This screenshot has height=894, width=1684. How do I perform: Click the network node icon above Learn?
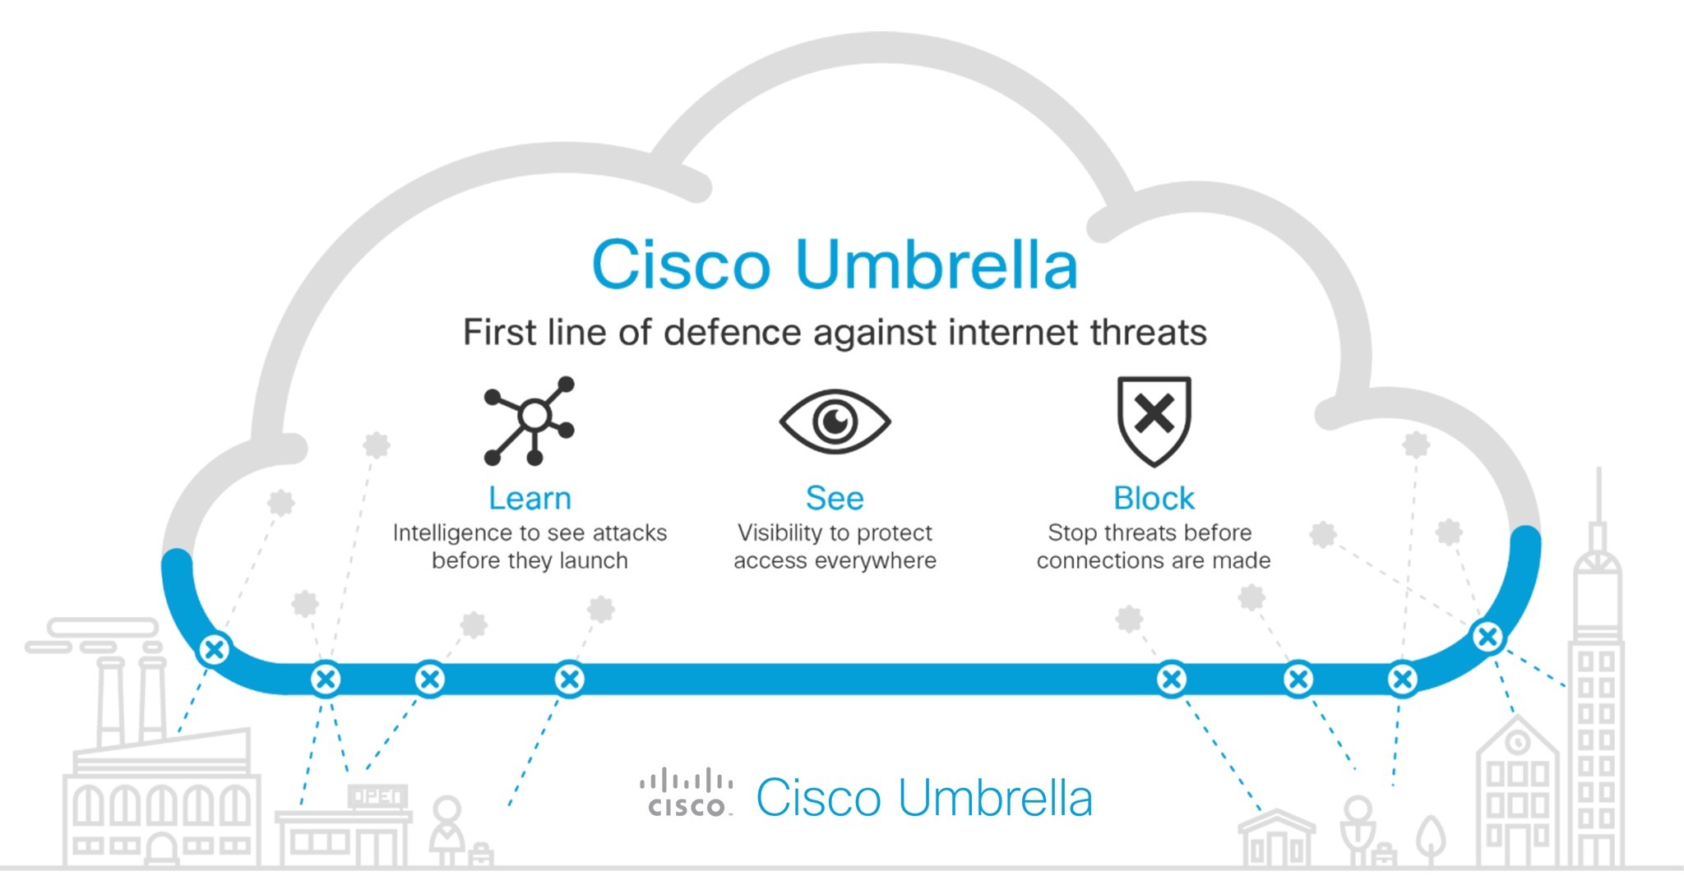(x=530, y=420)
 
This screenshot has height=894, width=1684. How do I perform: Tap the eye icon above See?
(x=835, y=421)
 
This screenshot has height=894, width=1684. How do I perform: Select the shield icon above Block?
(x=1154, y=419)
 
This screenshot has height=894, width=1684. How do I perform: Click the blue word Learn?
(x=530, y=499)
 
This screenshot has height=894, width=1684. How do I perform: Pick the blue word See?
(x=835, y=499)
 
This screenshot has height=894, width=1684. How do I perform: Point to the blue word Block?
(x=1154, y=499)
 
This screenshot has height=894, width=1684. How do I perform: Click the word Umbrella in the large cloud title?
(x=937, y=265)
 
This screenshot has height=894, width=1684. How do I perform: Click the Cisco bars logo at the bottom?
(x=687, y=794)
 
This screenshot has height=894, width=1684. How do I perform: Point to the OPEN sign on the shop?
(x=377, y=795)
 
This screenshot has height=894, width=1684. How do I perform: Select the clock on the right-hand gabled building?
(x=1517, y=741)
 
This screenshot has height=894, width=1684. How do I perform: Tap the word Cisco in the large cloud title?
(x=681, y=265)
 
